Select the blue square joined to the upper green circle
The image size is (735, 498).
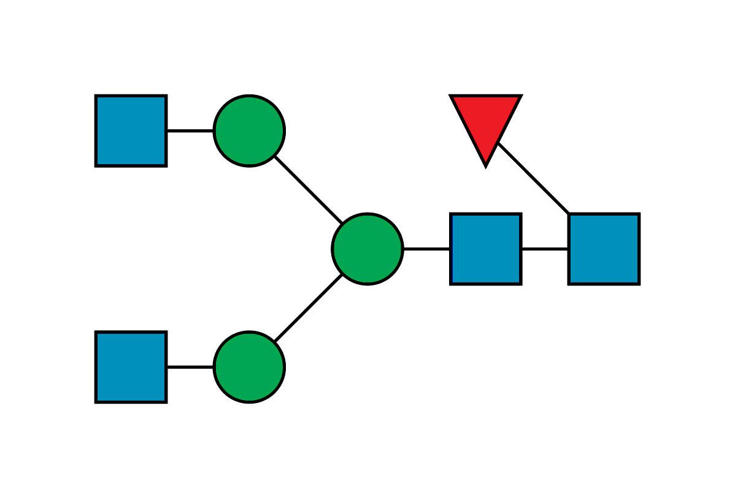click(131, 130)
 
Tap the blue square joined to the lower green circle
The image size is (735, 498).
click(131, 367)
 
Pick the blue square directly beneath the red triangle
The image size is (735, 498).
click(485, 249)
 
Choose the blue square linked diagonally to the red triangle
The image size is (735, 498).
click(604, 249)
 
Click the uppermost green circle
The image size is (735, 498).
click(249, 130)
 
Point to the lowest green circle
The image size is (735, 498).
click(249, 367)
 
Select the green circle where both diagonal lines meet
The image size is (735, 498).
click(367, 249)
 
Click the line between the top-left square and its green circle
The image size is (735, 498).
click(190, 131)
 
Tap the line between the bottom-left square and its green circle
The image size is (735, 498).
click(190, 366)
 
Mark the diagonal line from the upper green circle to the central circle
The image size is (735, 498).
click(308, 190)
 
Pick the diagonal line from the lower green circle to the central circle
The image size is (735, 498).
click(308, 308)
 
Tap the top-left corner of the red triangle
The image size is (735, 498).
click(451, 96)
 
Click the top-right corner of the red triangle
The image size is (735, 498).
click(520, 96)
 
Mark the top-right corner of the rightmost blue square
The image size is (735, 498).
click(639, 214)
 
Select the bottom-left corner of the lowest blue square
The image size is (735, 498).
click(96, 402)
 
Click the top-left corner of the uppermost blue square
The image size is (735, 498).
click(96, 96)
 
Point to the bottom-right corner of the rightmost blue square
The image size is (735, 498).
click(639, 284)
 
